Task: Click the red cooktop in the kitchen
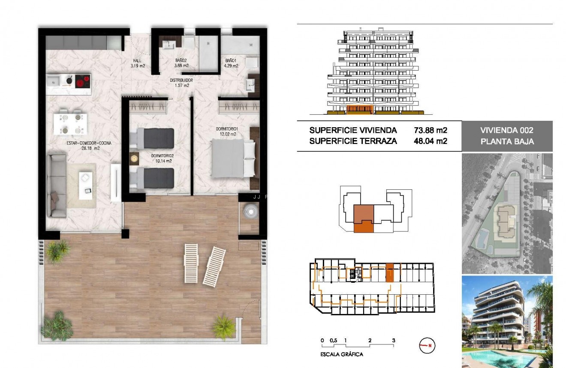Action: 83,81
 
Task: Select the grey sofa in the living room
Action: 56,186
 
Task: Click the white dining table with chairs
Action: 70,123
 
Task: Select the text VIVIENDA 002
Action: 507,130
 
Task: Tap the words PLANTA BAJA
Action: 507,141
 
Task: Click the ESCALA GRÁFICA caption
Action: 342,354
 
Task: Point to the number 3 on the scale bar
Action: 393,341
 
